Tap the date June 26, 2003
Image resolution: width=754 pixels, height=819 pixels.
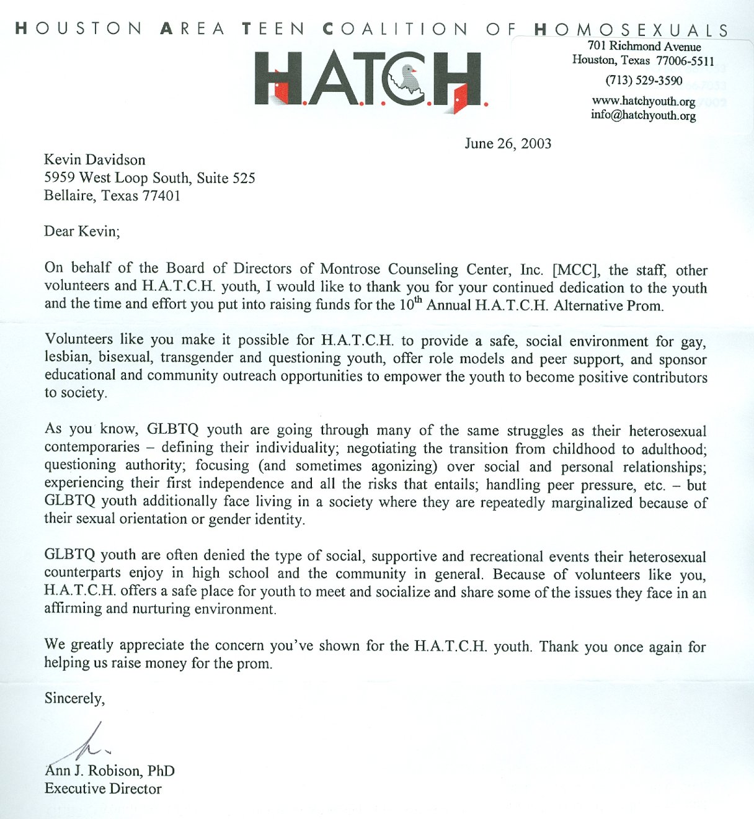click(508, 144)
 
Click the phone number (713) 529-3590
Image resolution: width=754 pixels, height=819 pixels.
click(644, 81)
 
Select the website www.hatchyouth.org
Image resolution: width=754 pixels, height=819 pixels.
click(644, 101)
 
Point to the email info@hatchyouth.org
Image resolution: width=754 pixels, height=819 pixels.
click(644, 115)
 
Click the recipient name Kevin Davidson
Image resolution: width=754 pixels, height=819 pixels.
click(95, 160)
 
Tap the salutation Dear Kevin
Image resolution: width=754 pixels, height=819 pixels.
click(81, 231)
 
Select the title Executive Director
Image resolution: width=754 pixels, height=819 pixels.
click(103, 789)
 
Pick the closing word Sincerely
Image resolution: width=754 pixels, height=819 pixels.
click(74, 699)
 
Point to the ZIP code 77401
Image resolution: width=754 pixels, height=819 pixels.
click(161, 196)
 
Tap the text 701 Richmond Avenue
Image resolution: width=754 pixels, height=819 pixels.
click(644, 46)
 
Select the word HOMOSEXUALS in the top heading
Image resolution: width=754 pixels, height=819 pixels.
click(631, 29)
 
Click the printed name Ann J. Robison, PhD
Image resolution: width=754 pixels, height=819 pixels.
click(110, 771)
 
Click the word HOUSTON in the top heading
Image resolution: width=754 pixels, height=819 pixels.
click(79, 29)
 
